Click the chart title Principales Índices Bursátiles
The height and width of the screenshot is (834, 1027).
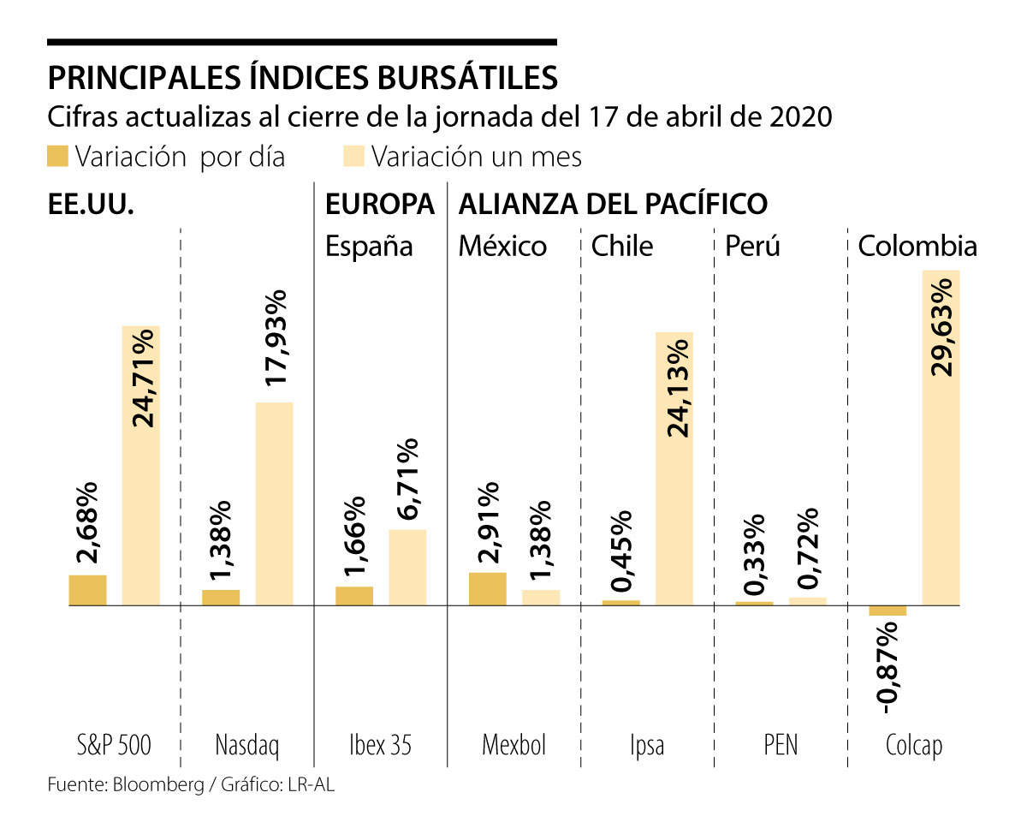coord(302,77)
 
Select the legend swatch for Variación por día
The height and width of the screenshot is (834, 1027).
coord(57,157)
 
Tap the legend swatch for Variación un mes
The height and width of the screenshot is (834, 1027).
coord(353,157)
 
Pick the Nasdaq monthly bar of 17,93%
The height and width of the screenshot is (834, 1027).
coord(274,503)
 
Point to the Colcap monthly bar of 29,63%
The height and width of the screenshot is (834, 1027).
coord(941,438)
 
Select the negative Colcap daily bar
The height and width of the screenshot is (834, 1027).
coord(887,611)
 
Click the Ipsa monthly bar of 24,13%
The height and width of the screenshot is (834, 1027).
coord(674,468)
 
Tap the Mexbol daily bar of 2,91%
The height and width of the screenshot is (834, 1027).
coord(488,588)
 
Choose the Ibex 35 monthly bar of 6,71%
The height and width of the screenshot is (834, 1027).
coord(407,567)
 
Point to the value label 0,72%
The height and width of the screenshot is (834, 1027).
coord(807,548)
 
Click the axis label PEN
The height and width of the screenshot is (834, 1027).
coord(780,745)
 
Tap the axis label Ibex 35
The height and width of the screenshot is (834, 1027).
coord(381,745)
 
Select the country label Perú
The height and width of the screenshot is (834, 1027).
coord(752,247)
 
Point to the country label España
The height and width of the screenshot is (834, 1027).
coord(369,247)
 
